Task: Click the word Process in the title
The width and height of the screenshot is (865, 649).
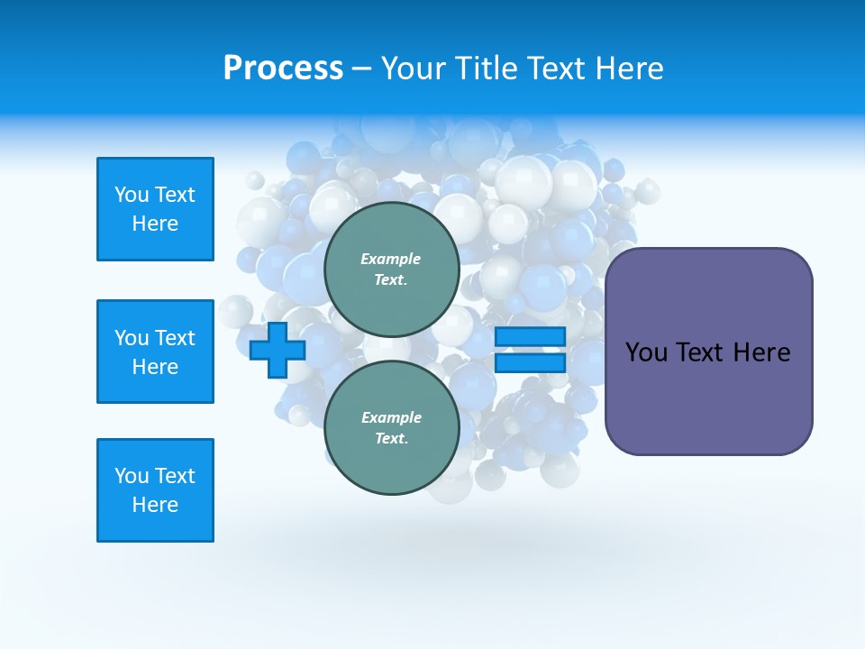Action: point(283,69)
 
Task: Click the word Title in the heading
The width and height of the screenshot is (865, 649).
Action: point(487,69)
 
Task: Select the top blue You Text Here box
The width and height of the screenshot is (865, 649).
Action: point(155,209)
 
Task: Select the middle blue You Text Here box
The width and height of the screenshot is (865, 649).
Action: point(155,352)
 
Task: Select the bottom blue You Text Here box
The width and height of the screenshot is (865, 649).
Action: point(155,490)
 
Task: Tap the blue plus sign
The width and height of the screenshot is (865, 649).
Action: point(278,350)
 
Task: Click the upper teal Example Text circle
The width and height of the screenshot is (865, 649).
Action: point(391,269)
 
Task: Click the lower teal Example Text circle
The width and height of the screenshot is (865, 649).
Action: point(391,427)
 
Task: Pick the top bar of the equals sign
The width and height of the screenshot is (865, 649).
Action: point(530,336)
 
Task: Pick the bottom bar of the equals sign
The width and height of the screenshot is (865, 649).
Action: point(530,363)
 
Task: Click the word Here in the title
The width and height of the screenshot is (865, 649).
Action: point(628,69)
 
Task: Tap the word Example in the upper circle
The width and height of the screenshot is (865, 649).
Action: point(391,259)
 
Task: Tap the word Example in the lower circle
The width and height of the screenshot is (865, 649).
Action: point(391,417)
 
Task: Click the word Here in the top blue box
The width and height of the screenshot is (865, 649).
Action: point(155,224)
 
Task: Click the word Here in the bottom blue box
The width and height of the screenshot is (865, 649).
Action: point(155,505)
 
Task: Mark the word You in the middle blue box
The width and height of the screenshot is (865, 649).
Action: point(132,338)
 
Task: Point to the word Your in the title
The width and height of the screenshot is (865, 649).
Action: point(412,69)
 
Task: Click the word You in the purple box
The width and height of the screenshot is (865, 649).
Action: point(646,352)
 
